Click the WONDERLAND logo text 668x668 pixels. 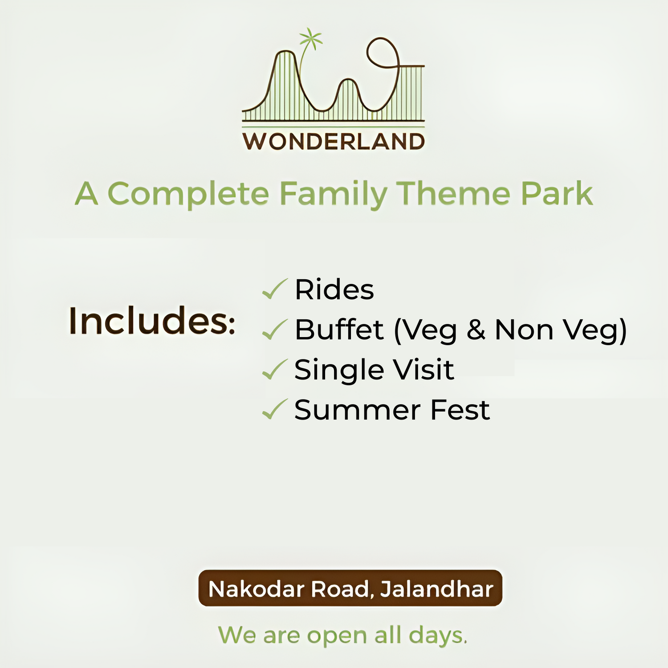[x=334, y=142]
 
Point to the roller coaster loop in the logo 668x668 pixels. [x=382, y=53]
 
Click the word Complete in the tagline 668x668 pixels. [x=189, y=194]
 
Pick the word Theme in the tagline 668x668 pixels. [x=453, y=194]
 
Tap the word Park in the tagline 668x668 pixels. [x=557, y=194]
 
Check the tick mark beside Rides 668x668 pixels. [x=275, y=289]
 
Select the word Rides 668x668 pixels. [x=334, y=289]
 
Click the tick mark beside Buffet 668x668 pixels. [x=275, y=330]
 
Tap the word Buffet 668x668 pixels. [x=339, y=330]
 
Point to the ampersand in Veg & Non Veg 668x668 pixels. [x=476, y=330]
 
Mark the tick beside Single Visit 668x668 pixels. [x=275, y=370]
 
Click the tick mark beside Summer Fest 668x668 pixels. [x=275, y=410]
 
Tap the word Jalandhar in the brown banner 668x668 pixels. [x=436, y=589]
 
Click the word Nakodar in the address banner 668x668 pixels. [x=257, y=589]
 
